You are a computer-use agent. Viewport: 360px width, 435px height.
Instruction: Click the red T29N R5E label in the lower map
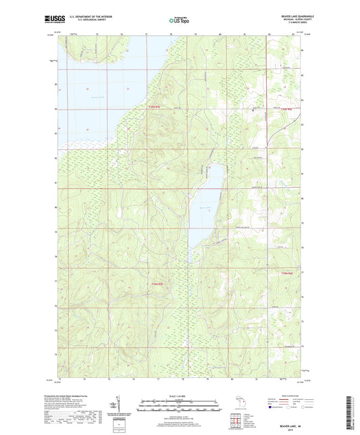coord(157,284)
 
